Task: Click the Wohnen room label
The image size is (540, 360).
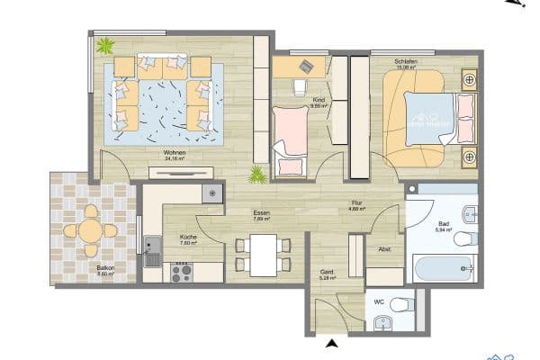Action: click(x=175, y=153)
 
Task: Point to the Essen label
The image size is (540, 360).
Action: click(x=262, y=214)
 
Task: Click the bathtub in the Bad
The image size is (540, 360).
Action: click(x=443, y=267)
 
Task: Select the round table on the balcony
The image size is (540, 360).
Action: click(x=90, y=230)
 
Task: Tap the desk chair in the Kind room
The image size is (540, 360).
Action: click(x=300, y=86)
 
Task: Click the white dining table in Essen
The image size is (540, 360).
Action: click(x=263, y=255)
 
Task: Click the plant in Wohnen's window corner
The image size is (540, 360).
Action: click(x=106, y=45)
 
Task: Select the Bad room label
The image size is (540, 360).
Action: click(x=442, y=224)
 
